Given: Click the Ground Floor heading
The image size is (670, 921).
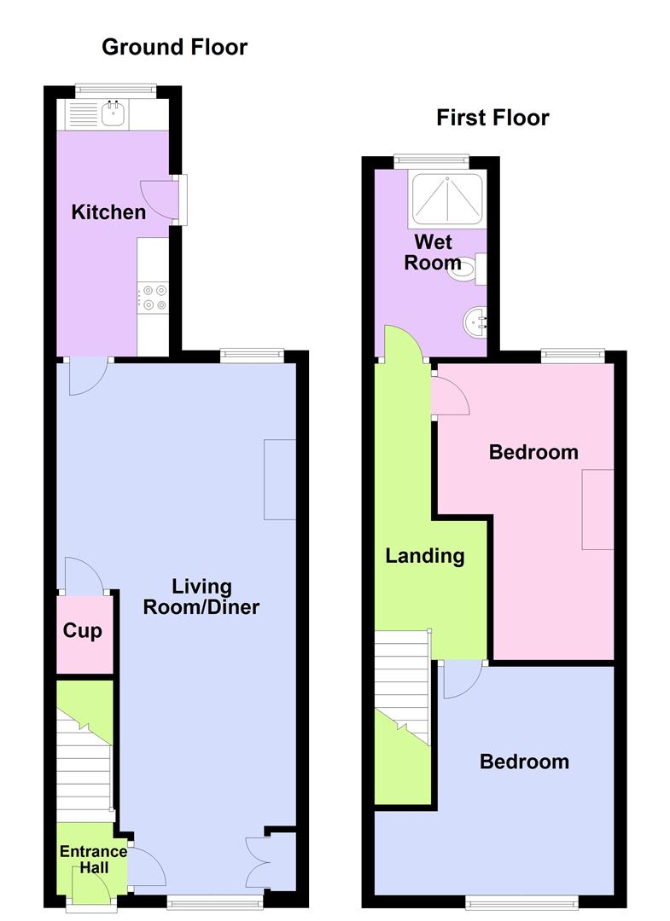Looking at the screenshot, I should [174, 47].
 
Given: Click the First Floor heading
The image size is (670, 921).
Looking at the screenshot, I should [492, 118].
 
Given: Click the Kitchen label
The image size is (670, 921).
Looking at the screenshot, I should [108, 211].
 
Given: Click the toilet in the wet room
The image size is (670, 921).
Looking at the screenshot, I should [468, 268].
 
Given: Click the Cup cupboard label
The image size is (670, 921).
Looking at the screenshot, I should [83, 631].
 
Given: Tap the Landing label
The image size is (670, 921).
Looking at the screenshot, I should [424, 556].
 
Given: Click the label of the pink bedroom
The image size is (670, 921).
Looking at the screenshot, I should [533, 452].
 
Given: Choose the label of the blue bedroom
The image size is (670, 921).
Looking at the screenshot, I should [524, 762].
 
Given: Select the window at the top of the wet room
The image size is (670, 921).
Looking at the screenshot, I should [431, 159].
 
